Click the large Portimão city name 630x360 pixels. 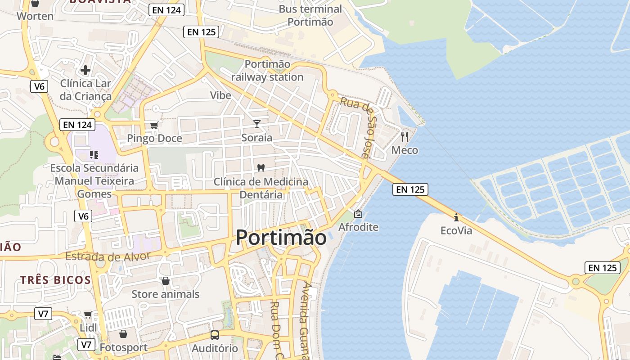tap(281, 237)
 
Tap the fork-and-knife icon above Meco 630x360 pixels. tap(405, 137)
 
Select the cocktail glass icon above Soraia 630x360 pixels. tap(257, 124)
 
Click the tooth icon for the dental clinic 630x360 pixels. tap(261, 168)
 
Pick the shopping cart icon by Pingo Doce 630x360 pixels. tap(154, 125)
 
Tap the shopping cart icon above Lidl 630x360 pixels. tap(88, 315)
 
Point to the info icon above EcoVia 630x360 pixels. tap(456, 217)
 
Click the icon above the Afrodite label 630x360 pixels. tap(358, 214)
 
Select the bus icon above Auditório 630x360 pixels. tap(215, 335)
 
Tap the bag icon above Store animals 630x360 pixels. tap(166, 281)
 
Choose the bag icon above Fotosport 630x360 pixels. tap(123, 334)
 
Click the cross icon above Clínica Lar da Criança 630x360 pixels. tap(85, 70)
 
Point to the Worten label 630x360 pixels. tap(35, 16)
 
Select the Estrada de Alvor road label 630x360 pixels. tap(108, 257)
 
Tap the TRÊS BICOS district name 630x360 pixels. tap(56, 280)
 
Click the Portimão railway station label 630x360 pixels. tap(267, 71)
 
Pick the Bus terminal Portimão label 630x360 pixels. tap(310, 15)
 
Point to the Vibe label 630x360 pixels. tap(220, 95)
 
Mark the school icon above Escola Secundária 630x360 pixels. tap(94, 155)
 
